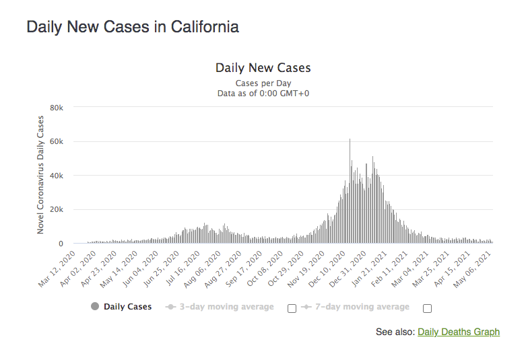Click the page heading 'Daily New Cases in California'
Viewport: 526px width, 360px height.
(x=132, y=28)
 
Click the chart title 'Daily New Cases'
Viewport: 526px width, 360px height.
(x=263, y=68)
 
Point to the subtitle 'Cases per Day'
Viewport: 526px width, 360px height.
(x=263, y=83)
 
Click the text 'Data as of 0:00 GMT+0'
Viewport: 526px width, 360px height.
(x=263, y=94)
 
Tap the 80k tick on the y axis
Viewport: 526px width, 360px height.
(x=57, y=108)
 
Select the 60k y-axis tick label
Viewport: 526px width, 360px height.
(x=57, y=142)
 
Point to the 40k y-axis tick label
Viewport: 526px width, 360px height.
(x=57, y=176)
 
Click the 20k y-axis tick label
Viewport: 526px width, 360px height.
(x=57, y=210)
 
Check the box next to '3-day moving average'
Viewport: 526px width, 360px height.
(x=292, y=308)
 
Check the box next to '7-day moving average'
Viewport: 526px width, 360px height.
(x=427, y=308)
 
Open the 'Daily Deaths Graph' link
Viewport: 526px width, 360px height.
(x=459, y=332)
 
